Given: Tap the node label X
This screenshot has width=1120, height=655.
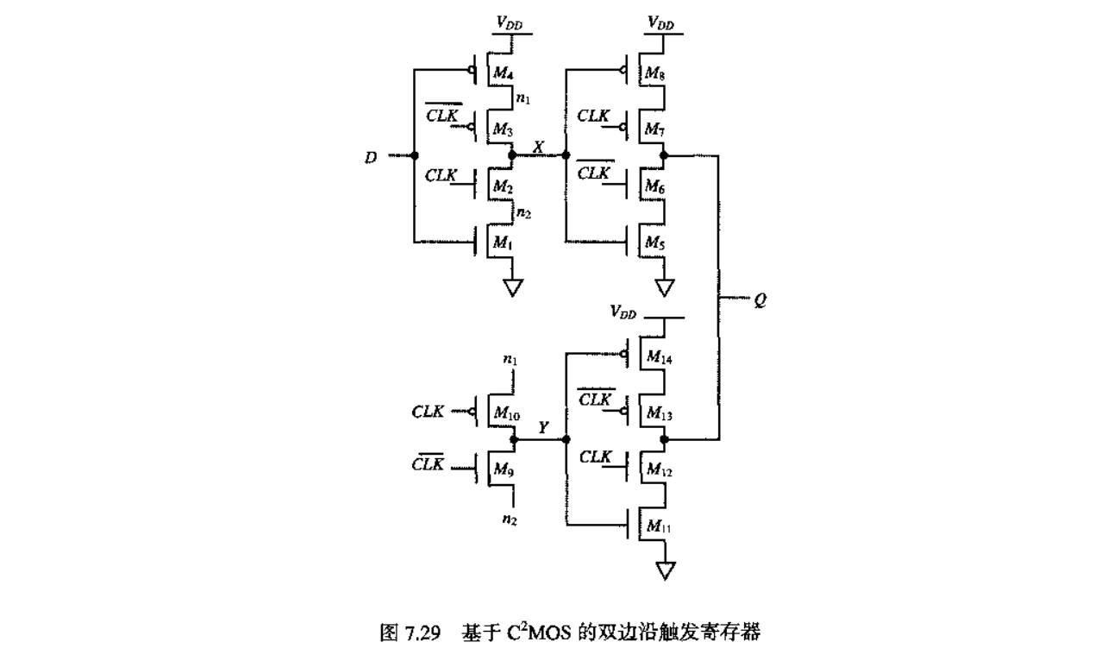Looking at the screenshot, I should (x=538, y=146).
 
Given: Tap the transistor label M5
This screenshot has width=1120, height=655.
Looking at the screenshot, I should (x=655, y=243).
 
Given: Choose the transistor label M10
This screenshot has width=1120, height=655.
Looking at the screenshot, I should (x=506, y=414).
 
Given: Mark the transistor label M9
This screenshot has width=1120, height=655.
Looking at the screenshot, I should (x=503, y=469).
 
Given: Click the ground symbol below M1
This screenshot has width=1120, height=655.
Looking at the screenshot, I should (x=513, y=287).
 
